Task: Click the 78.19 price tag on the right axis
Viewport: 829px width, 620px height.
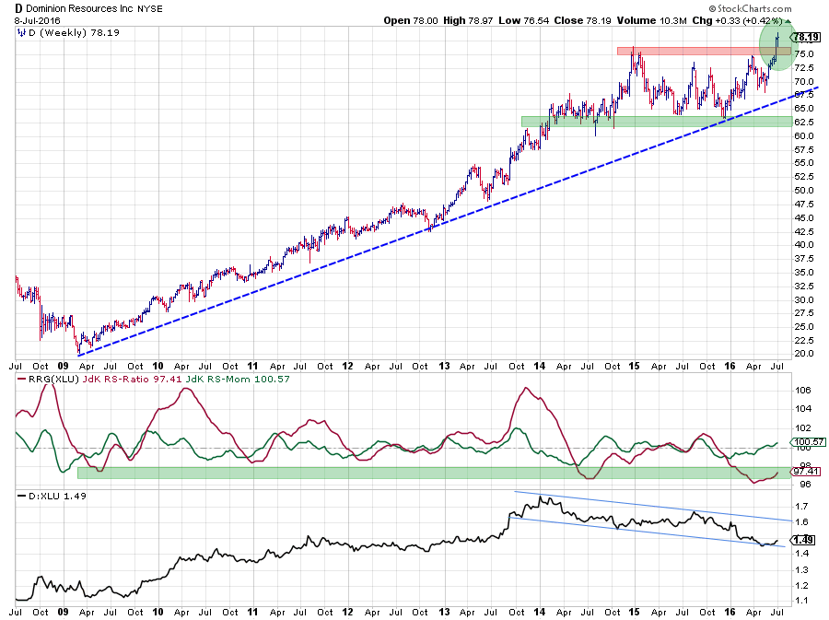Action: [806, 37]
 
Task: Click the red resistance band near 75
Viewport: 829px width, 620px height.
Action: [691, 50]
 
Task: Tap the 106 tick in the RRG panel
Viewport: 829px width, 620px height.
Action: [803, 391]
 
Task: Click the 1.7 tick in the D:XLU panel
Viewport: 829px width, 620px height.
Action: [803, 506]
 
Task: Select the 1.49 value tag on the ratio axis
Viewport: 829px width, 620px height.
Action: [804, 540]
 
